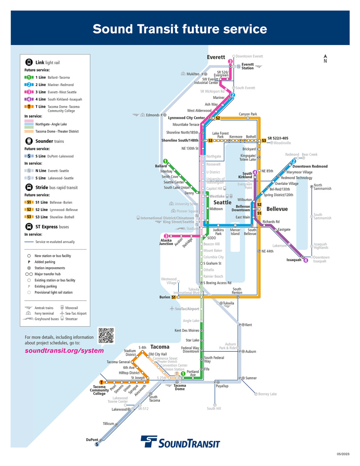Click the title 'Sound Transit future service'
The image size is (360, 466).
[x=180, y=29]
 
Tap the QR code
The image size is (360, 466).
[x=106, y=335]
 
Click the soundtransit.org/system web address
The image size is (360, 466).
[x=64, y=350]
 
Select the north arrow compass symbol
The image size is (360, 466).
[x=325, y=58]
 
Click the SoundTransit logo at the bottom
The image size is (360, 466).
[x=180, y=442]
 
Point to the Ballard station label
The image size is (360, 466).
[x=161, y=166]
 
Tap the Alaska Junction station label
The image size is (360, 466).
[x=166, y=242]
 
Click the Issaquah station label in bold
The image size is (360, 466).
[x=294, y=260]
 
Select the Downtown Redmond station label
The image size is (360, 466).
[x=310, y=166]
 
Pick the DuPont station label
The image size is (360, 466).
[x=92, y=440]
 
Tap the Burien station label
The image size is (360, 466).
[x=165, y=297]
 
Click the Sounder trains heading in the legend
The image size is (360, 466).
[x=49, y=141]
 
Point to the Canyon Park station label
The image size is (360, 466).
[x=248, y=114]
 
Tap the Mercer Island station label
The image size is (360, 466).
[x=235, y=231]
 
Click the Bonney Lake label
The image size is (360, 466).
[x=268, y=394]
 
